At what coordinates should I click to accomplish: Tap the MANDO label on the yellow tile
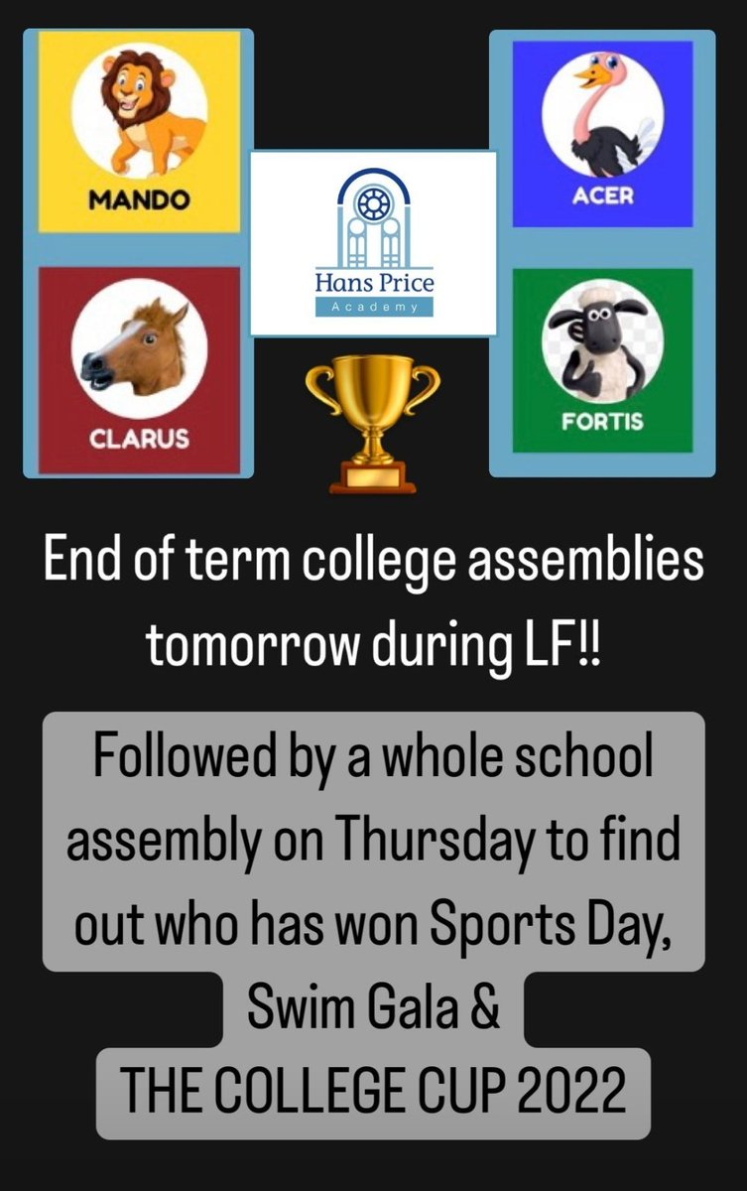[139, 200]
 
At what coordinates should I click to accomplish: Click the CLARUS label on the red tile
[140, 437]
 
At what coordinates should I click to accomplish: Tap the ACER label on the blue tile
[602, 196]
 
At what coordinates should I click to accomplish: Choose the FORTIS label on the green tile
[602, 421]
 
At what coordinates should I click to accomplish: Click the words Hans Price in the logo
[373, 283]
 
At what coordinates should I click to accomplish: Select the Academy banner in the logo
[373, 308]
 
